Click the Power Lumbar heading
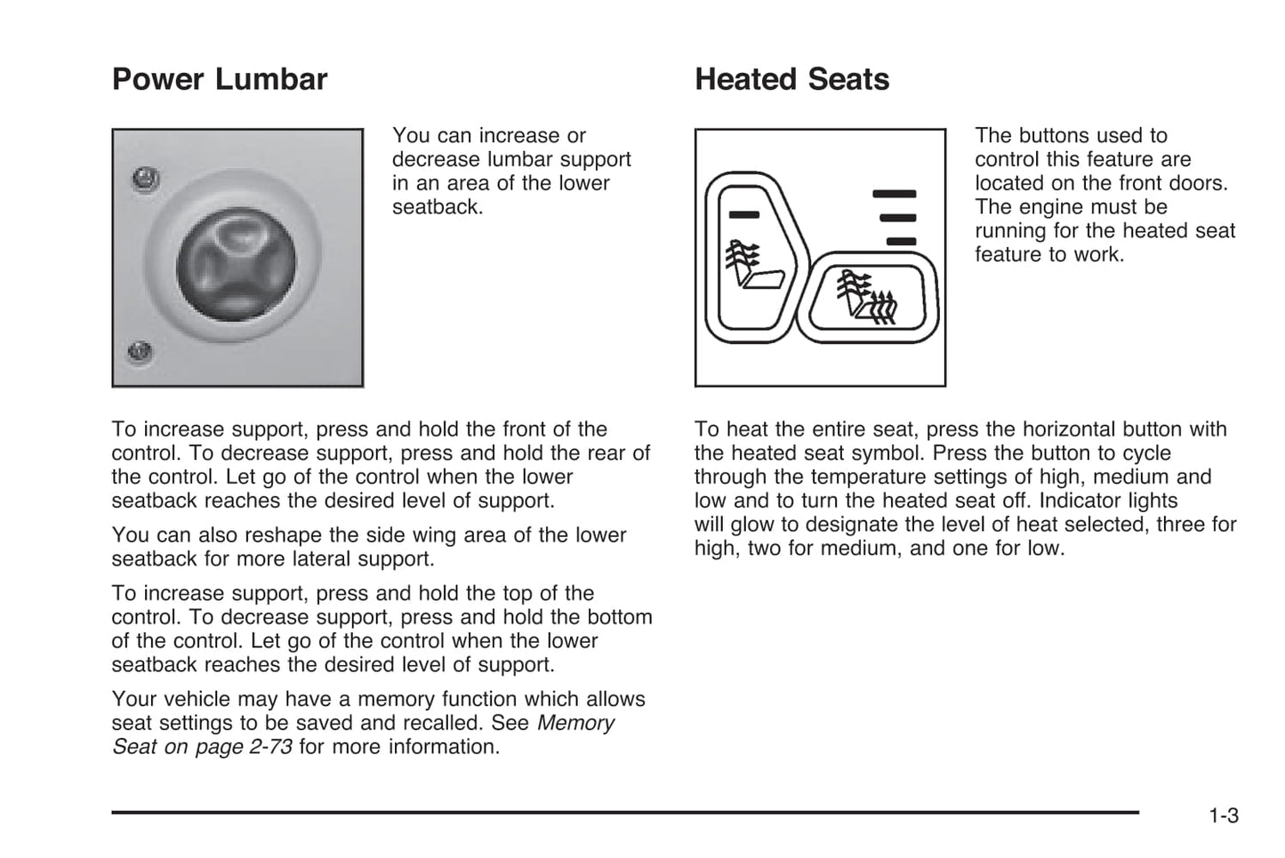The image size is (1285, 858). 220,80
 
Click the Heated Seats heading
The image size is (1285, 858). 791,80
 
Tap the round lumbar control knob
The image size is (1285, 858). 236,264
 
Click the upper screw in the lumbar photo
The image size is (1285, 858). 145,180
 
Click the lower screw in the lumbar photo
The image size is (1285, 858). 140,351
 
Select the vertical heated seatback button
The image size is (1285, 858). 751,253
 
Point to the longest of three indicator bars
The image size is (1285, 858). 894,194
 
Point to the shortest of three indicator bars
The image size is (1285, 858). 901,241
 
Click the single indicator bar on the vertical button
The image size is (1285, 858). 743,214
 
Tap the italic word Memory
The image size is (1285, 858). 575,723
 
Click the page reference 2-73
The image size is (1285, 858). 270,747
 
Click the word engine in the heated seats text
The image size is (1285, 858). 1095,207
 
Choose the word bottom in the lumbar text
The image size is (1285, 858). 620,617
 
